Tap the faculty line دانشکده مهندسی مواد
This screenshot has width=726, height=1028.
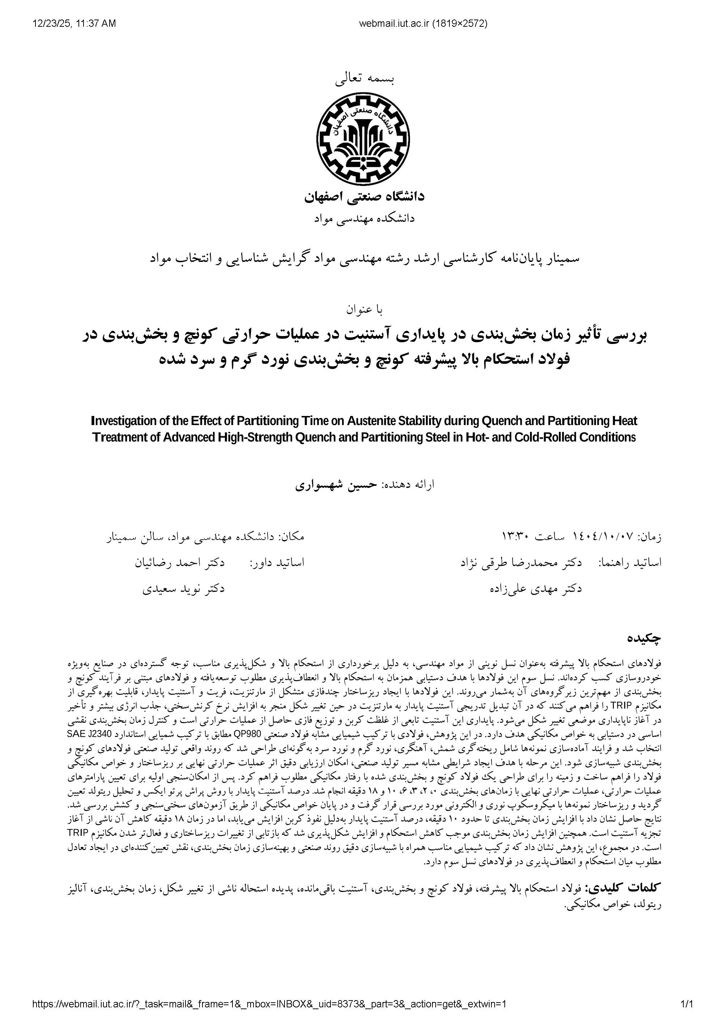(364, 218)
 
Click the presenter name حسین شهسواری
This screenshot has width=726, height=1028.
(336, 485)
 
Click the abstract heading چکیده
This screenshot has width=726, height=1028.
(644, 638)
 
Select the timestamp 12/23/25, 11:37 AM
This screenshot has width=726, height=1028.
(74, 23)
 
